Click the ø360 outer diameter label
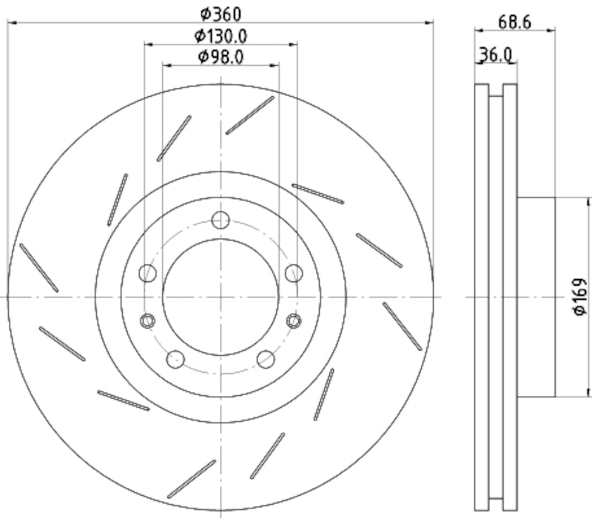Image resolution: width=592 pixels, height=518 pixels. pos(221,13)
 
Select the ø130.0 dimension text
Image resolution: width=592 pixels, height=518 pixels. pos(221,35)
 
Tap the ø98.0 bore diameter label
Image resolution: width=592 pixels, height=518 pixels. pos(221,56)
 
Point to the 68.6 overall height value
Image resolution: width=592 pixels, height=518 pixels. pos(514,21)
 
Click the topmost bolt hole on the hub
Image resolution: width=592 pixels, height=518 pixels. pos(221,221)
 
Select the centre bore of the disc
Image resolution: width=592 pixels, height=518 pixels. pos(221,296)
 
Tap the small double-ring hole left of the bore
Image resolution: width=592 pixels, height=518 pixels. pos(147,320)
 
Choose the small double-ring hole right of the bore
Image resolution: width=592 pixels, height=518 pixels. pos(294,320)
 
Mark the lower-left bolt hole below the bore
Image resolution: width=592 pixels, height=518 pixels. pos(175,360)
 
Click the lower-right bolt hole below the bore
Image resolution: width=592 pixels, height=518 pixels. pos(266,360)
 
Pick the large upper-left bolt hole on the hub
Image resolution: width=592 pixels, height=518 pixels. pos(148,273)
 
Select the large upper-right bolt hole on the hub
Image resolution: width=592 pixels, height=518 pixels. pos(294,273)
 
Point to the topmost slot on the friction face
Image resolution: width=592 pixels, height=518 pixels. pos(250,115)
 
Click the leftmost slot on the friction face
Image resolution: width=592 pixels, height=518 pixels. pos(38,267)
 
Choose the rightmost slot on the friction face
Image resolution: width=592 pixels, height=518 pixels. pos(403,326)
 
